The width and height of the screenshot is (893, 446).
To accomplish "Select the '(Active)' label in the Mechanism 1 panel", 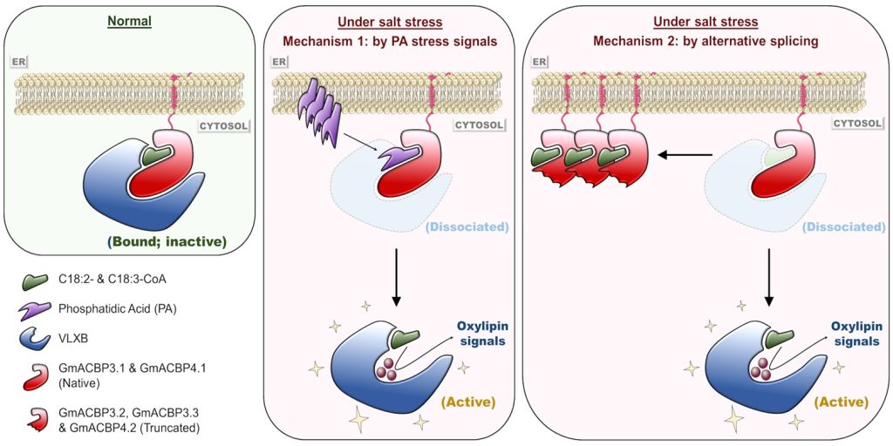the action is (x=466, y=402).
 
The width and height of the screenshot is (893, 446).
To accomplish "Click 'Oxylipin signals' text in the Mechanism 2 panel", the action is (x=855, y=334).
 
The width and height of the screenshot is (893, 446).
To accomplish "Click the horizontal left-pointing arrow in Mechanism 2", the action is (x=684, y=154).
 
